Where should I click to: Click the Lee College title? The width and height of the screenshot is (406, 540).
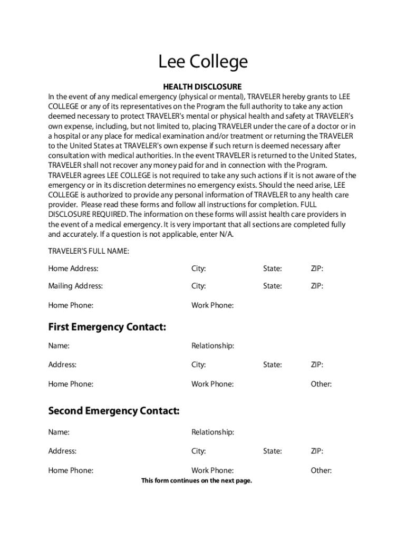(203, 62)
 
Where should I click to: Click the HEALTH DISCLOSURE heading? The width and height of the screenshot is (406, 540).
(202, 86)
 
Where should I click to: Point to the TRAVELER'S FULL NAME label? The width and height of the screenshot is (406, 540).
(89, 252)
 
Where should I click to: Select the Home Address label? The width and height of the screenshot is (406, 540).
(73, 268)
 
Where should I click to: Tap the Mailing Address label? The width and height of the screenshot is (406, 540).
(75, 286)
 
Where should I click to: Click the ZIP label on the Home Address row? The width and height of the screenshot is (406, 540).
(317, 268)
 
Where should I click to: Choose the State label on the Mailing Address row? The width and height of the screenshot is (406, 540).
(273, 286)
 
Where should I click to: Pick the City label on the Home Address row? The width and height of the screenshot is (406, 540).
(198, 268)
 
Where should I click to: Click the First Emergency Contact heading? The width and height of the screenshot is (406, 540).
(107, 327)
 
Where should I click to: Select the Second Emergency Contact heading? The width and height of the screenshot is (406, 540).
(114, 410)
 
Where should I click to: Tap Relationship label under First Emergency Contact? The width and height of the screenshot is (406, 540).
(212, 345)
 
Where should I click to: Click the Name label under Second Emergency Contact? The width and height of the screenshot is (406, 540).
(59, 432)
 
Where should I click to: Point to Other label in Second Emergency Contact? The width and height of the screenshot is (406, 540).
(321, 470)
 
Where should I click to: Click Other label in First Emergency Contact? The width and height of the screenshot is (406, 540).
(321, 384)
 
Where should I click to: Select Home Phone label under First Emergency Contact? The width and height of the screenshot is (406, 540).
(71, 384)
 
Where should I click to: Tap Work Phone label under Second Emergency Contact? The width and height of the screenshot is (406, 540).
(212, 470)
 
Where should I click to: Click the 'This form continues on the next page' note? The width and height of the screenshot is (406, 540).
(197, 480)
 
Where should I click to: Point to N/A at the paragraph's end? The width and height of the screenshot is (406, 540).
(225, 234)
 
